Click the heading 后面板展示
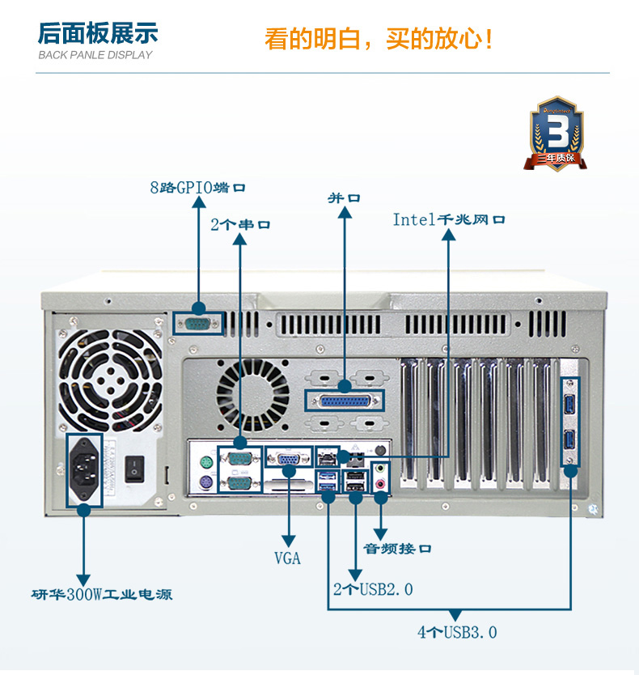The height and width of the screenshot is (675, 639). coord(98,34)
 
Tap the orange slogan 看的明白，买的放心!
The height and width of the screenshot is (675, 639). coord(379,38)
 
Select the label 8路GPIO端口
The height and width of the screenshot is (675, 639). coord(197,188)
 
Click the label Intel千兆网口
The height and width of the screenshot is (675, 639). coord(449,219)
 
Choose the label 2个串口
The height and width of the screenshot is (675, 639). coord(240,224)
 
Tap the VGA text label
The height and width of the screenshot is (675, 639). coord(287,558)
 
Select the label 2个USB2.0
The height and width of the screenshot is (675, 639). coord(373,589)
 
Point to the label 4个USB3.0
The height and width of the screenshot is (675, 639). coord(457,632)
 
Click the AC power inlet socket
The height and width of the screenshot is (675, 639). coord(84,469)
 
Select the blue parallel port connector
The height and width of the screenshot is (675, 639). coord(344,401)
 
